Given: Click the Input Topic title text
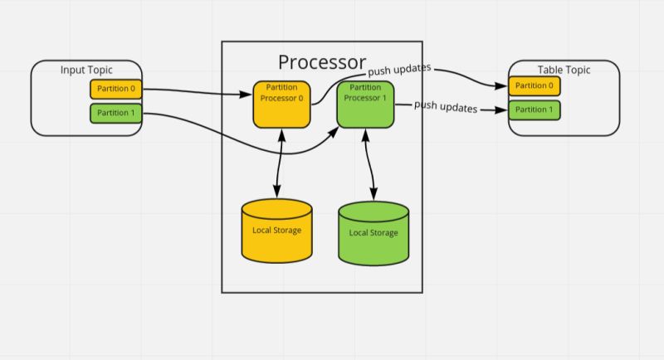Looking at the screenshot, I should pos(86,70).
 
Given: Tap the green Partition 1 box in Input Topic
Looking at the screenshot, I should pos(115,113).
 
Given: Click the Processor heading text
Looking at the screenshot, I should pos(321,61).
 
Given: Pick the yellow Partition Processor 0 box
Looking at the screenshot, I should pos(282,104).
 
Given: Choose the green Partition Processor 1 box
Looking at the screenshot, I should pos(365,104).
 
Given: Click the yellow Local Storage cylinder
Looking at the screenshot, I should pos(277,231).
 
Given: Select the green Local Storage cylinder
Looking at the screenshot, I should pos(373,233).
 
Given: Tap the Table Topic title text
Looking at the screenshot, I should pos(564,70).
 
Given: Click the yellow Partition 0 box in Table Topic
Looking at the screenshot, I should pos(535,85).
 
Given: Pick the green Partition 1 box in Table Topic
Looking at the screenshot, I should pos(535,109).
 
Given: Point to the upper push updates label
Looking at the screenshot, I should pos(399,71).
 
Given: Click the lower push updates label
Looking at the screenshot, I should pos(446,106).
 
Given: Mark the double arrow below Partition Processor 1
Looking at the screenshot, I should pos(368,164).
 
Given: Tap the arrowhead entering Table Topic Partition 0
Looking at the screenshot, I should pos(503,85).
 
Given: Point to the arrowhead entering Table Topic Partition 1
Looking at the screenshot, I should pos(503,109).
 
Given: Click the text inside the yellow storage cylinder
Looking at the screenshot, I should pos(277,230).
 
